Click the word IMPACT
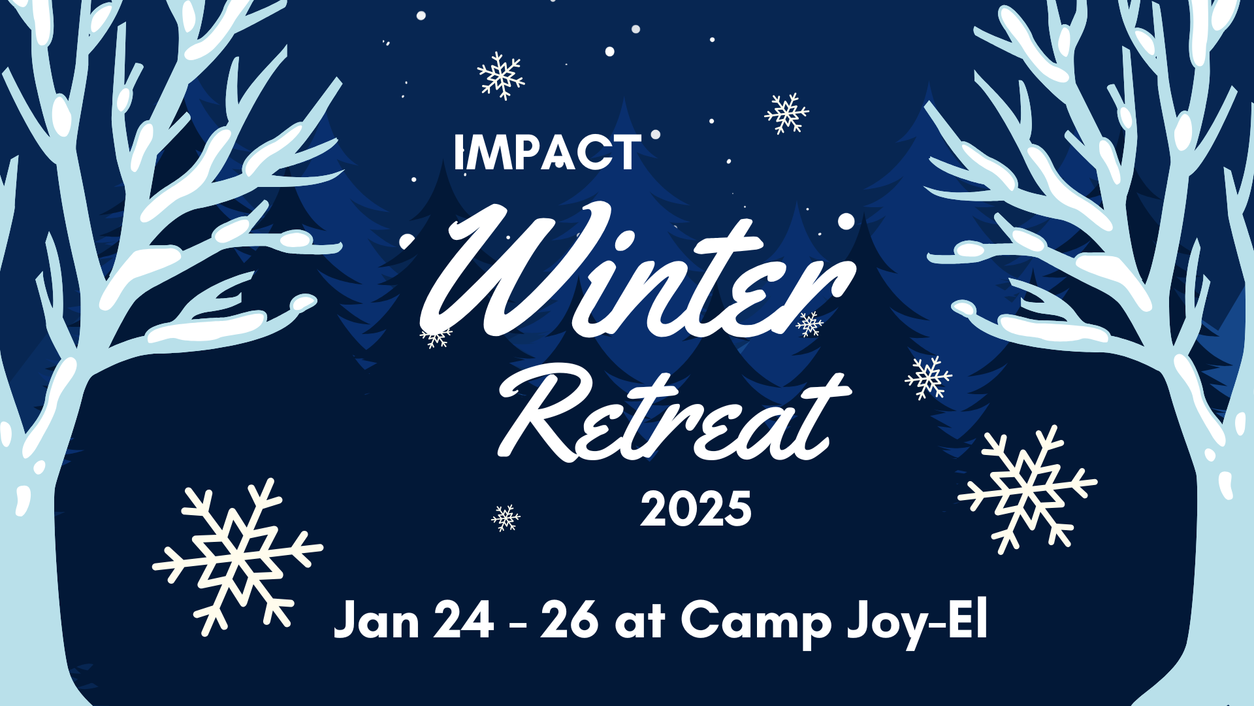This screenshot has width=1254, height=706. click(x=547, y=153)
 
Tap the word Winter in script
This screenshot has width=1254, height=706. click(x=637, y=275)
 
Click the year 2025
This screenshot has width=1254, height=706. click(x=696, y=509)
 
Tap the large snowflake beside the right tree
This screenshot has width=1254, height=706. click(x=1027, y=489)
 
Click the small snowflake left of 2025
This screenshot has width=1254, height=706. click(x=506, y=518)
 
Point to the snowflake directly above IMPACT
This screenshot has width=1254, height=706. click(x=501, y=76)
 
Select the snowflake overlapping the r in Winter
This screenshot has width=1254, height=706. click(x=810, y=324)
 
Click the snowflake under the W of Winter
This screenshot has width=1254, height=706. click(x=436, y=337)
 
